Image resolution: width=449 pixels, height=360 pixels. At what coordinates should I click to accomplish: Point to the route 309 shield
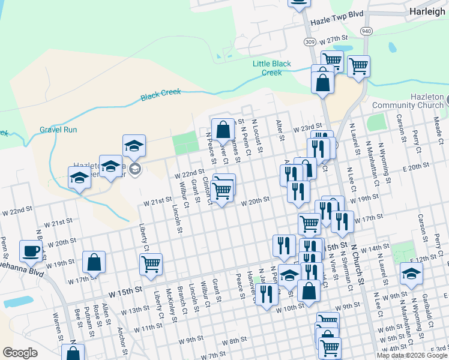(310, 42)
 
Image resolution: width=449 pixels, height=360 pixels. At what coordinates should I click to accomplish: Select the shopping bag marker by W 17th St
(94, 262)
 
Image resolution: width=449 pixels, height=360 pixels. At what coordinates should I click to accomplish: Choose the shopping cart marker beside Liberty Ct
(150, 263)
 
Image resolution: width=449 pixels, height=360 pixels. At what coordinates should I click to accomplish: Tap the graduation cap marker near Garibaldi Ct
(411, 274)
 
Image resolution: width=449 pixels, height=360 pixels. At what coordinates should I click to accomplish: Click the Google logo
(20, 353)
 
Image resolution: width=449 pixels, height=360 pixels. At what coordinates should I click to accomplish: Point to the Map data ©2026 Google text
(412, 355)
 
